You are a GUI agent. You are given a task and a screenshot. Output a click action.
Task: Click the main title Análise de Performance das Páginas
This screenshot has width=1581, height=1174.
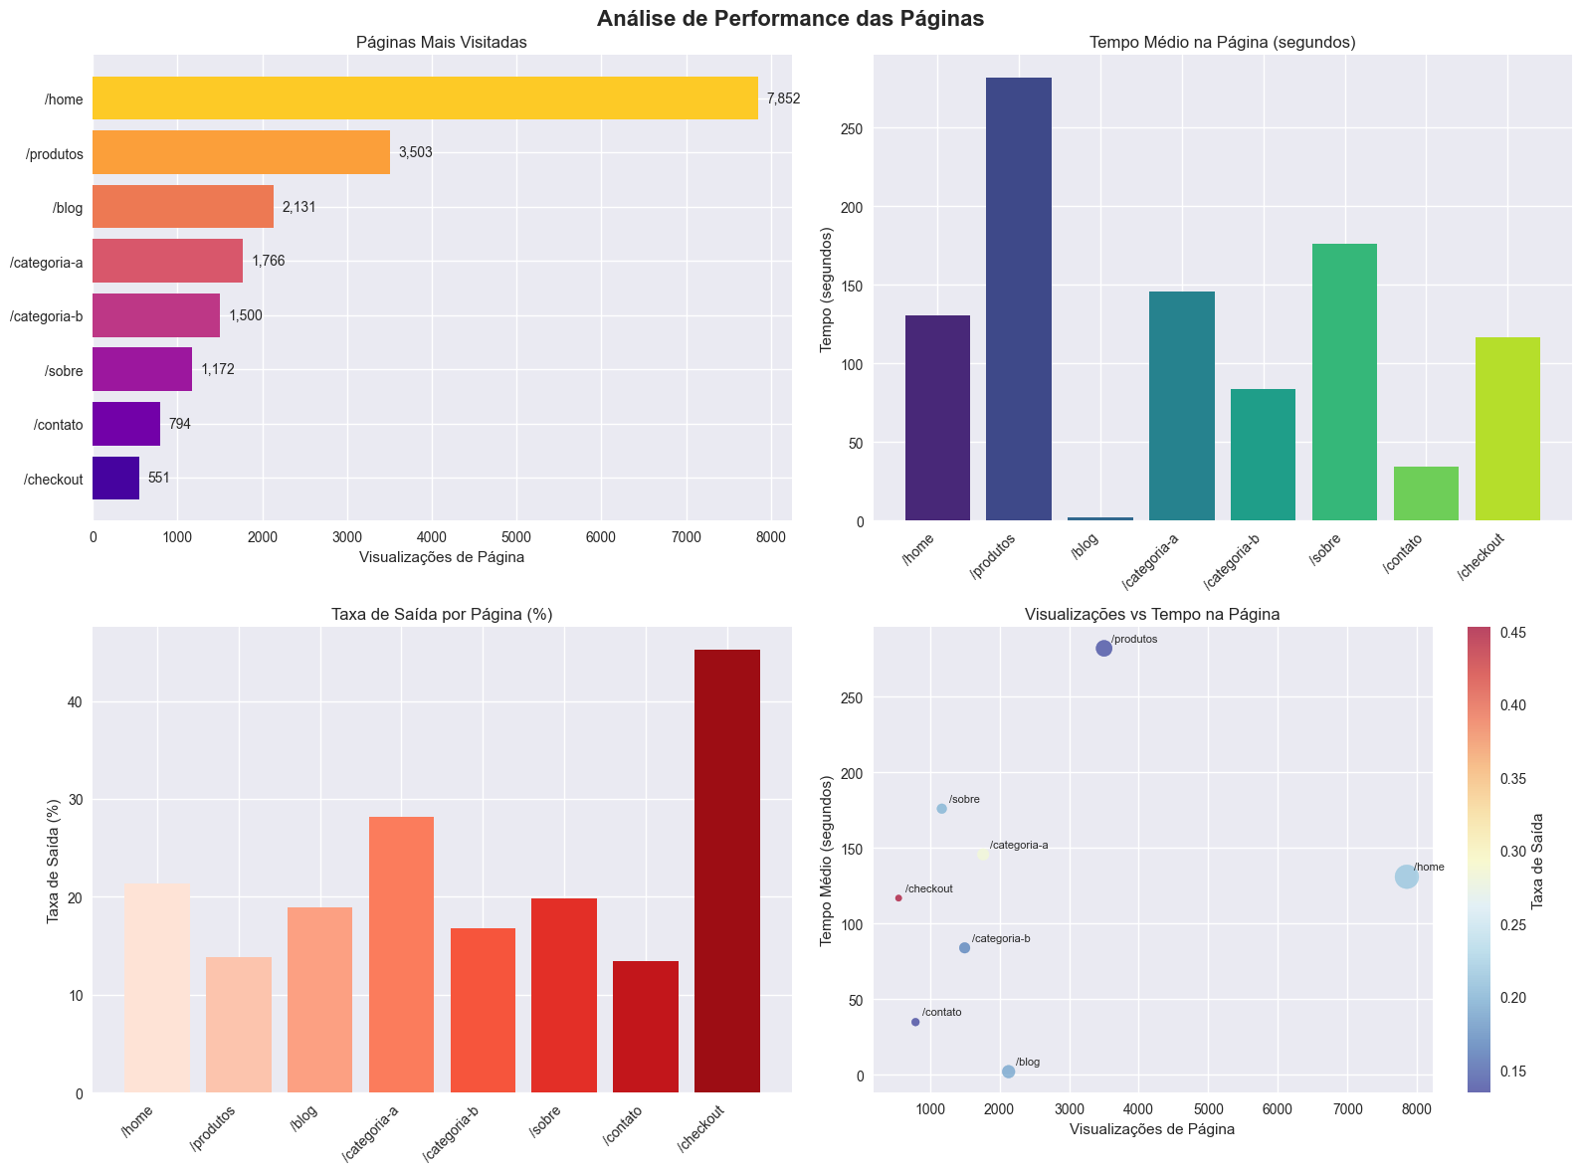790,18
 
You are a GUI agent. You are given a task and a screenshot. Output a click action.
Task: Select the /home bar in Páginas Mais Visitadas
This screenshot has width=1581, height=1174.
425,98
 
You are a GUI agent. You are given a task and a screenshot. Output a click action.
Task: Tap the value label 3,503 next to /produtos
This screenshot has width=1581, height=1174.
415,153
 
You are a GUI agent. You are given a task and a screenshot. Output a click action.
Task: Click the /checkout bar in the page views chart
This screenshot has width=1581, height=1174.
115,478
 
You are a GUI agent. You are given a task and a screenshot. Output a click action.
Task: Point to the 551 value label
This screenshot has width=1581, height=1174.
159,478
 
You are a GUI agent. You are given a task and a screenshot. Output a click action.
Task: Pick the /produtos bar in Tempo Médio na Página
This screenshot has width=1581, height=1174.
1018,298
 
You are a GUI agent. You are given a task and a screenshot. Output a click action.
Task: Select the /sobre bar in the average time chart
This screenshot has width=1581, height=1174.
1344,382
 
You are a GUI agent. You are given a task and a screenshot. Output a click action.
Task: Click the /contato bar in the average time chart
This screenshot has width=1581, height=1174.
1426,493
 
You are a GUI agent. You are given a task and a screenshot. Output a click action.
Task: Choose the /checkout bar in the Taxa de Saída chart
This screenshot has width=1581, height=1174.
726,871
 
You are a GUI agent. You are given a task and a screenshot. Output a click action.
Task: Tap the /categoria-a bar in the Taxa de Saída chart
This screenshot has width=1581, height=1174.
401,954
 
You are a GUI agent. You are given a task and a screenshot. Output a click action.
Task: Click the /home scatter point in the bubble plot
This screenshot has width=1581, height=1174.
1406,877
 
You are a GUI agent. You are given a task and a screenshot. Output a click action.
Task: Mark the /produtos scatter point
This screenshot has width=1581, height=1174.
1103,649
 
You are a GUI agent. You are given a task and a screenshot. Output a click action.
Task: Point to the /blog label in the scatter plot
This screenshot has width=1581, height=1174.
1028,1063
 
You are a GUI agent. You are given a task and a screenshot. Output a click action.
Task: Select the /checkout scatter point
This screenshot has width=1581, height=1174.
898,898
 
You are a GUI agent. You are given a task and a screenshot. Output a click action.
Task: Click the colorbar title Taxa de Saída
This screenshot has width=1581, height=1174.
1537,861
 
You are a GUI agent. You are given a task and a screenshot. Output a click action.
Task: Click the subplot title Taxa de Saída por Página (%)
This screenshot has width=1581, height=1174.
442,615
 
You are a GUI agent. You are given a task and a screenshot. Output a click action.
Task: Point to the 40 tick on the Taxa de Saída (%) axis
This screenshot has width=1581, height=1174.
76,702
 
